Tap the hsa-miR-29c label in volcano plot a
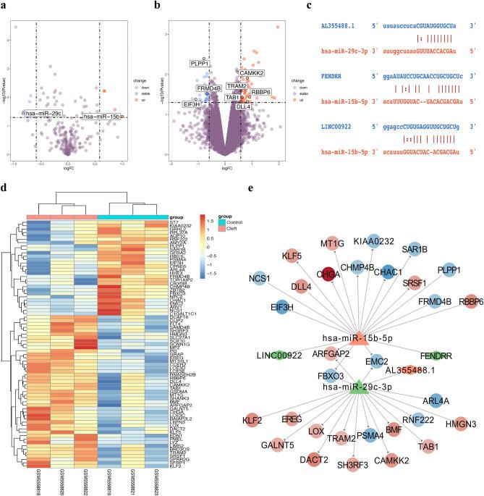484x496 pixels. coord(42,113)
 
